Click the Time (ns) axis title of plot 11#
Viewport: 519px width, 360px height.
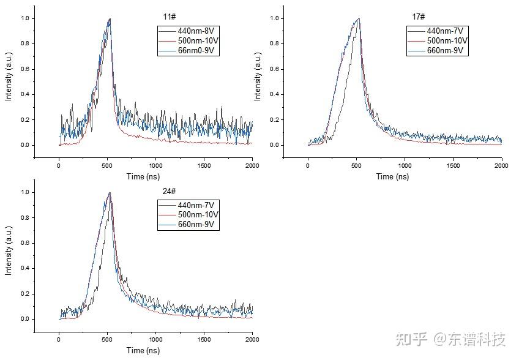pos(143,176)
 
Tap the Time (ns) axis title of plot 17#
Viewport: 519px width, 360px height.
pos(392,176)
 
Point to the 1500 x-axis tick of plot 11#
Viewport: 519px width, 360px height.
pos(204,165)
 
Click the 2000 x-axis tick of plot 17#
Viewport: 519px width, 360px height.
pos(501,165)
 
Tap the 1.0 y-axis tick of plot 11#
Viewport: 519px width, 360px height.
pos(24,18)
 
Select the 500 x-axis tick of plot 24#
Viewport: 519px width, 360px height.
pos(107,339)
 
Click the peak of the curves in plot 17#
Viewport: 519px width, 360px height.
pos(358,19)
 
